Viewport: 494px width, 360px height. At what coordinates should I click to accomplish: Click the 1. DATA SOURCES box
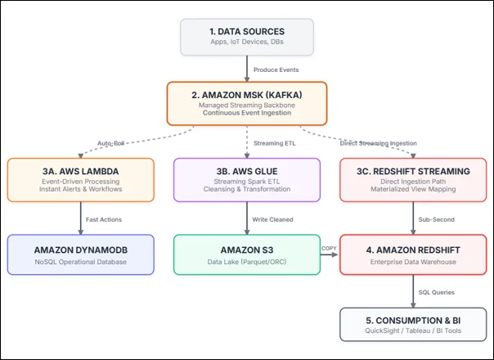coord(247,37)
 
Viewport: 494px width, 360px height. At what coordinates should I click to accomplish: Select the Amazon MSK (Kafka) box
coord(247,103)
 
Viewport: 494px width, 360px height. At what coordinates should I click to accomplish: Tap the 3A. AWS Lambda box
coord(81,180)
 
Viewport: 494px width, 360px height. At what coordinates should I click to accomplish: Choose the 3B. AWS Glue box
coord(247,180)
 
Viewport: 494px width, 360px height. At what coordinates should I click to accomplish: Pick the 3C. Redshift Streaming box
coord(413,180)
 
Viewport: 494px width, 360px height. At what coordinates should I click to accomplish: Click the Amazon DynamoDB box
coord(81,254)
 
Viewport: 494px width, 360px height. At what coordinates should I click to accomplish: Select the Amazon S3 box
coord(247,254)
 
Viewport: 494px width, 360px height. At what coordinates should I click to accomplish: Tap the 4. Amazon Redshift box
coord(413,254)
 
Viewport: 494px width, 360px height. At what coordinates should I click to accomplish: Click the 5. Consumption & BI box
coord(413,324)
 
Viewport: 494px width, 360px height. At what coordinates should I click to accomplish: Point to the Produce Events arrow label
coord(276,70)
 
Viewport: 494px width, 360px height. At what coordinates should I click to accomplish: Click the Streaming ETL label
coord(275,143)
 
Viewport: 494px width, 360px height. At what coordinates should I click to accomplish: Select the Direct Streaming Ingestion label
coord(378,143)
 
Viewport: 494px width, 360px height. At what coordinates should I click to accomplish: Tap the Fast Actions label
coord(104,219)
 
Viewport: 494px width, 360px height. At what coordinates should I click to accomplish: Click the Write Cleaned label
coord(272,219)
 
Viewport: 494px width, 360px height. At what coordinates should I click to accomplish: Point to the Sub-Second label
coord(437,219)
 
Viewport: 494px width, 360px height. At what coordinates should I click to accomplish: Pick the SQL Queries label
coord(437,292)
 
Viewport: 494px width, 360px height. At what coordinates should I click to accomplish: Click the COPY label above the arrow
coord(329,248)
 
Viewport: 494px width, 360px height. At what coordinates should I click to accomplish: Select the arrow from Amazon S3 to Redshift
coord(330,254)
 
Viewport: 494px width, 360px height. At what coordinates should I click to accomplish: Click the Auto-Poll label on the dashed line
coord(111,143)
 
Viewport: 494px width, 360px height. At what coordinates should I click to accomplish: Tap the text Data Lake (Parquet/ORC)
coord(247,262)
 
